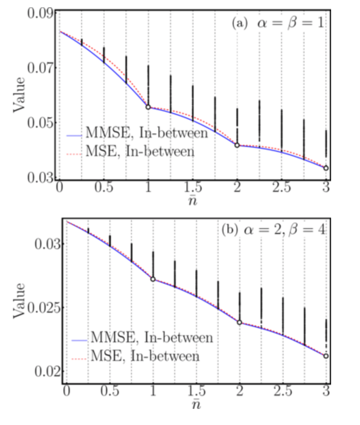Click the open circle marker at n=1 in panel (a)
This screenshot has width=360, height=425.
tap(148, 107)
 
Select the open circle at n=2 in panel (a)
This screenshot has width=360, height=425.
tap(237, 145)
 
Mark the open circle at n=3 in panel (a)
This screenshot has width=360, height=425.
tap(326, 168)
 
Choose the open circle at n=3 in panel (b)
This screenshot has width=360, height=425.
tap(326, 356)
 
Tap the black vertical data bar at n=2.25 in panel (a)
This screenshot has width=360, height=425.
tap(259, 121)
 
